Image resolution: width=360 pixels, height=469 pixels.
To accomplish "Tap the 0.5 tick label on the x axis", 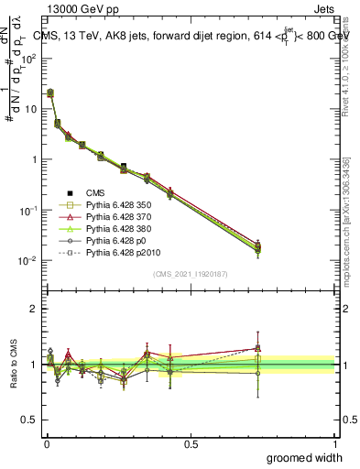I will click(x=191, y=442).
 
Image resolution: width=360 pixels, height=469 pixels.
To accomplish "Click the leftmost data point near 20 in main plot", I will click(x=50, y=93).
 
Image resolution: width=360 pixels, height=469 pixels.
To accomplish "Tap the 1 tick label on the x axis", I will click(x=334, y=442).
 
